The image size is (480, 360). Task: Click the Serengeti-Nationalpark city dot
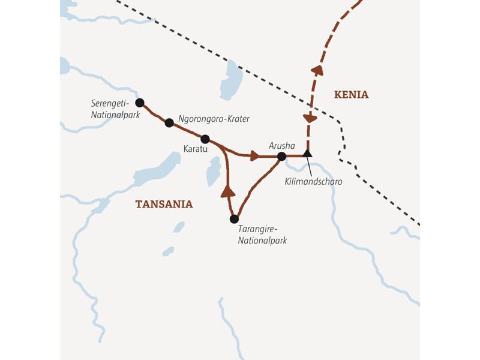tap(140, 103)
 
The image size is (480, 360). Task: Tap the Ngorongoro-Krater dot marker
tap(169, 123)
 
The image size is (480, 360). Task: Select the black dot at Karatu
tap(205, 139)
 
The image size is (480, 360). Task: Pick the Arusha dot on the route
tap(281, 157)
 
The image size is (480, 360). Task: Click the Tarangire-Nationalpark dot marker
tap(234, 219)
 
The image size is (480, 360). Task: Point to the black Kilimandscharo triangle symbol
tap(307, 154)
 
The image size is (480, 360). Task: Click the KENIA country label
tap(351, 95)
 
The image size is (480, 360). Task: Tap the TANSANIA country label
tap(164, 204)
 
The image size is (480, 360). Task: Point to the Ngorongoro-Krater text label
tap(214, 119)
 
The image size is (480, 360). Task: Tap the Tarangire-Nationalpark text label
tap(263, 235)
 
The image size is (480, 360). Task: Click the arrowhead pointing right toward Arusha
tap(255, 156)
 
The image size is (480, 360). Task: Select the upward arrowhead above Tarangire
tap(227, 191)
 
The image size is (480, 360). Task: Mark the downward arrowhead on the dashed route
tap(310, 119)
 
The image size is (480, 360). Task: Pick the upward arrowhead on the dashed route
tap(317, 70)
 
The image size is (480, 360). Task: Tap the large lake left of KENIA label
tap(230, 79)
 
